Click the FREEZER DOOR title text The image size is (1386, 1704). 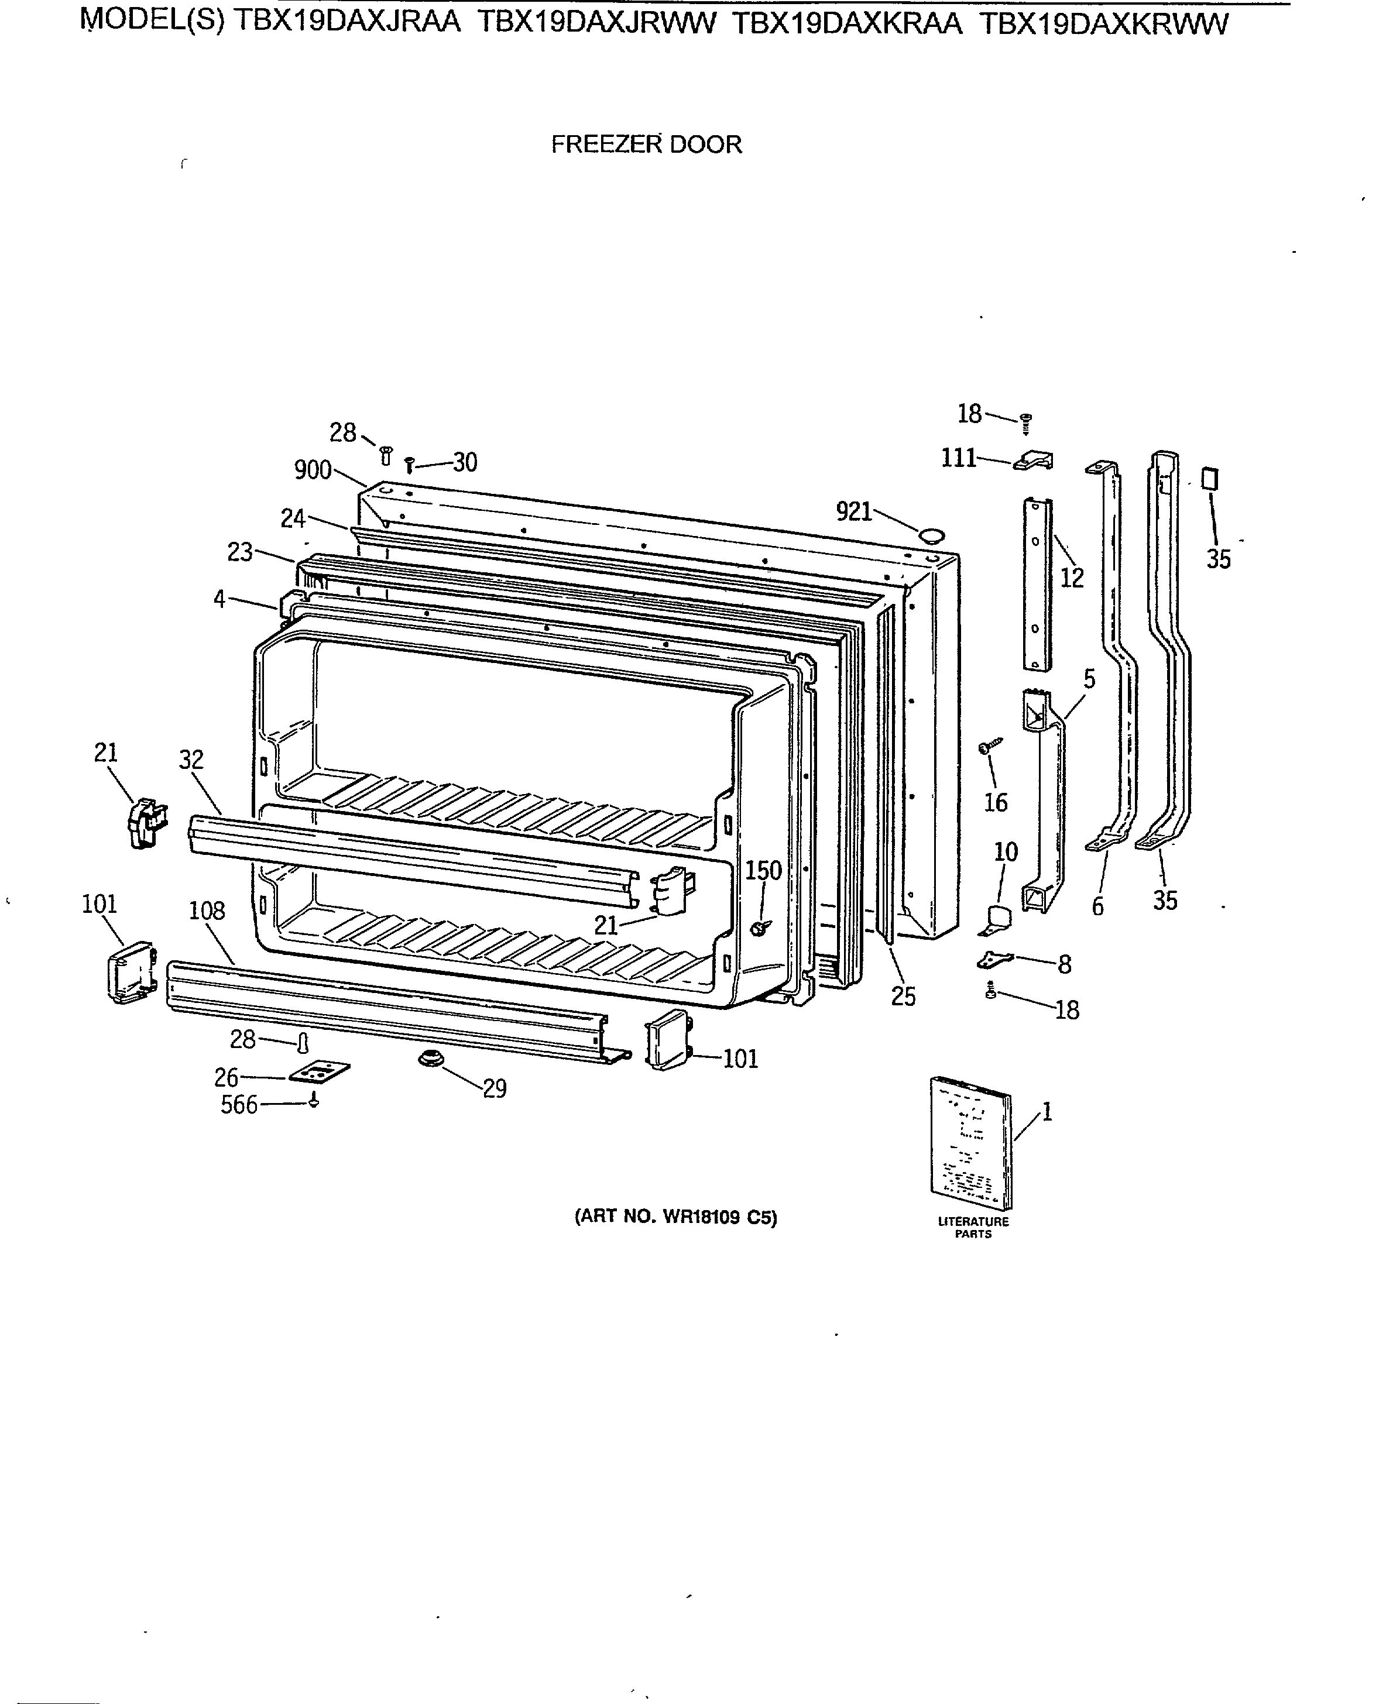646,145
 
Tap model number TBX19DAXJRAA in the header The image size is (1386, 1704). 347,23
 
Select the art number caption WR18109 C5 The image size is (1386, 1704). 675,1217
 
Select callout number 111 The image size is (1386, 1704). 959,458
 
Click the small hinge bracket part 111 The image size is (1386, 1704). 1035,461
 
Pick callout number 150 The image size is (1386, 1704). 763,870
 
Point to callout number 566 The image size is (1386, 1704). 239,1105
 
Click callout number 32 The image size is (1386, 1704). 191,760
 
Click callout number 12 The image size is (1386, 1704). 1072,578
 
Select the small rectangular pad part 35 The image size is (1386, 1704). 1210,480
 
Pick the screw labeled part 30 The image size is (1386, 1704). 410,463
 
